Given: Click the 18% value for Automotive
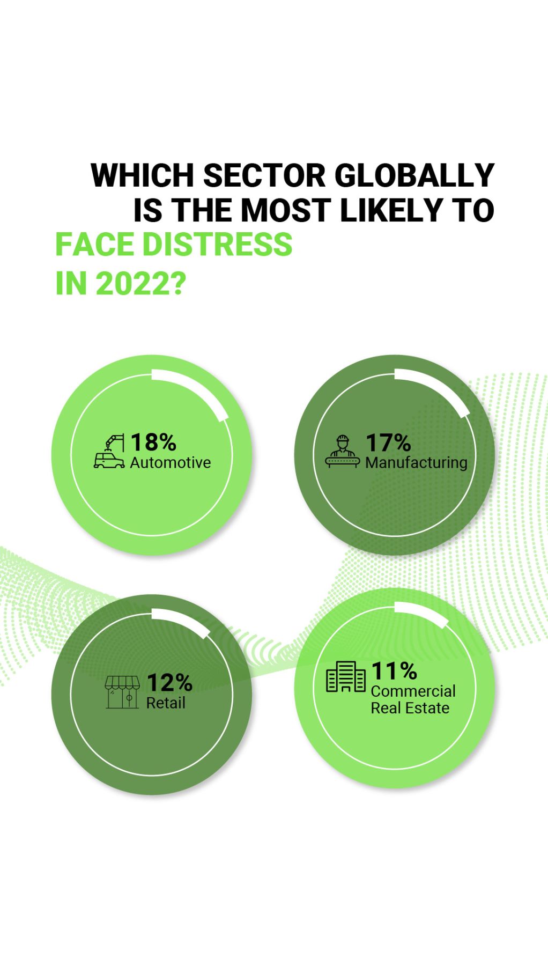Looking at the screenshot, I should pyautogui.click(x=153, y=442).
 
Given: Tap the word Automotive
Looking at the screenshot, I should pyautogui.click(x=171, y=463).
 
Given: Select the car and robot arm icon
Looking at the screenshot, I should pyautogui.click(x=109, y=452).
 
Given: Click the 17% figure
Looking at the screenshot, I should pyautogui.click(x=388, y=443).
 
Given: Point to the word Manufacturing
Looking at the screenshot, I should pyautogui.click(x=416, y=463).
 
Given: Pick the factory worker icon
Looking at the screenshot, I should pyautogui.click(x=343, y=452).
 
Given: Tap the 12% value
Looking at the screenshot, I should pyautogui.click(x=169, y=683).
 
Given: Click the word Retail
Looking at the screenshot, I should pyautogui.click(x=166, y=703).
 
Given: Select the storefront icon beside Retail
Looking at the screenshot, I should pyautogui.click(x=122, y=692).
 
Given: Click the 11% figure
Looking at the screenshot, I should pyautogui.click(x=394, y=671).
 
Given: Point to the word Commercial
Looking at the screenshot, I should pyautogui.click(x=413, y=691).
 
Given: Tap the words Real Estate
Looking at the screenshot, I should pyautogui.click(x=410, y=709).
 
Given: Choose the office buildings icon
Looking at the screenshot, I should pyautogui.click(x=346, y=677).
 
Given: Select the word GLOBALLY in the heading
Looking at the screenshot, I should pyautogui.click(x=414, y=175).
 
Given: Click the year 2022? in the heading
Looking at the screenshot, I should pyautogui.click(x=140, y=283).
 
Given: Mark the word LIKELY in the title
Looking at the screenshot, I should pyautogui.click(x=386, y=210).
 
